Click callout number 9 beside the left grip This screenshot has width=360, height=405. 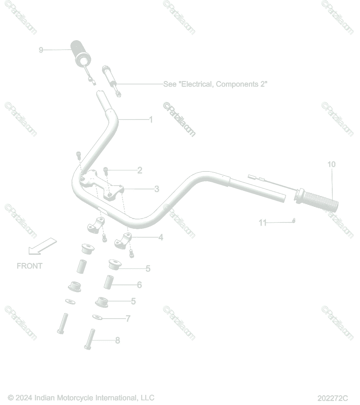(41, 50)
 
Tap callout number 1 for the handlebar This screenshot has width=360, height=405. (151, 119)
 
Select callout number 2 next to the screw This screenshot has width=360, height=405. (140, 170)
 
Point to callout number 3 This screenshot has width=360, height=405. (157, 189)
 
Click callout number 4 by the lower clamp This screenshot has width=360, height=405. (161, 237)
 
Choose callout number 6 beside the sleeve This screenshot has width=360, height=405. (139, 285)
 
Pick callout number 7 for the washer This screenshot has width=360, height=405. (128, 319)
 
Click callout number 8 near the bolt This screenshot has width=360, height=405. (118, 340)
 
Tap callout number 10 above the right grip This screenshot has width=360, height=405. (331, 164)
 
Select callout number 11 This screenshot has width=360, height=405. (263, 223)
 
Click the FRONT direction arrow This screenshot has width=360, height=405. (43, 246)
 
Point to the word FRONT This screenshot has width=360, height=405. (30, 266)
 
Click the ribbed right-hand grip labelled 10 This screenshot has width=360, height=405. (316, 200)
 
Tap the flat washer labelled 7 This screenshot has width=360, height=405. (97, 317)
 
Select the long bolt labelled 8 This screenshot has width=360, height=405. (90, 339)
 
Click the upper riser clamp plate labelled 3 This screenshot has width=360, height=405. (102, 185)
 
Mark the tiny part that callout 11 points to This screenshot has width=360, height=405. (294, 220)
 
